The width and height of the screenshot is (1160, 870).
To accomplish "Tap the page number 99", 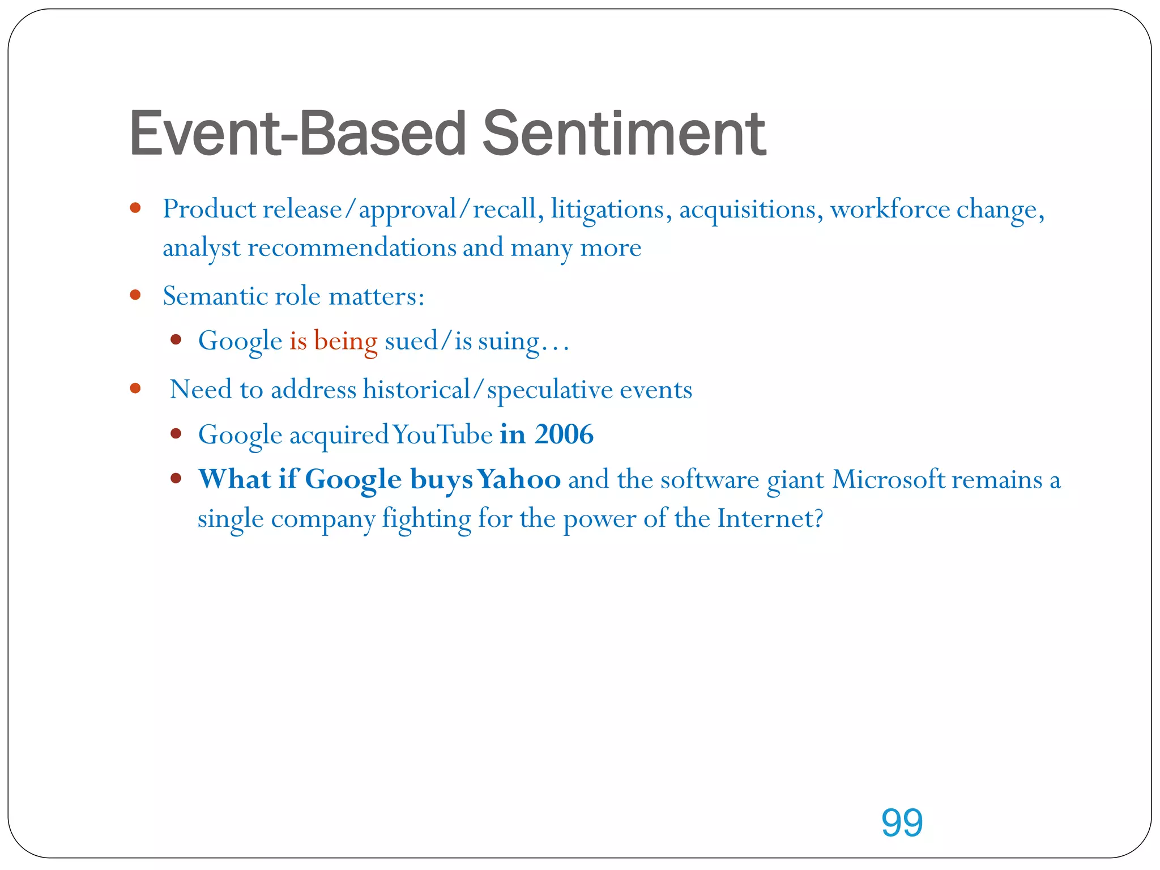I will click(902, 822).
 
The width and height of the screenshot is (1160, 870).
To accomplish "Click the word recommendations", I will click(352, 248).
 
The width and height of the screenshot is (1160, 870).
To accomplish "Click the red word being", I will click(346, 341).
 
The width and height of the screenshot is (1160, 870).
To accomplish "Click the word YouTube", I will click(442, 435).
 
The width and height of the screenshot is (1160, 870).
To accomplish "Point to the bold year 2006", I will click(564, 434).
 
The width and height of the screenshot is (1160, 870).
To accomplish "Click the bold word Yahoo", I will click(519, 480).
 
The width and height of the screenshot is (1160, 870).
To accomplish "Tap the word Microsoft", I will click(889, 480).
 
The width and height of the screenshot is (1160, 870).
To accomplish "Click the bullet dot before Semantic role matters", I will click(135, 295).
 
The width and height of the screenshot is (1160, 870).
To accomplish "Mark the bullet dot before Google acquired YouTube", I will click(176, 434).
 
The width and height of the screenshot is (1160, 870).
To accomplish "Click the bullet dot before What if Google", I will click(176, 479).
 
